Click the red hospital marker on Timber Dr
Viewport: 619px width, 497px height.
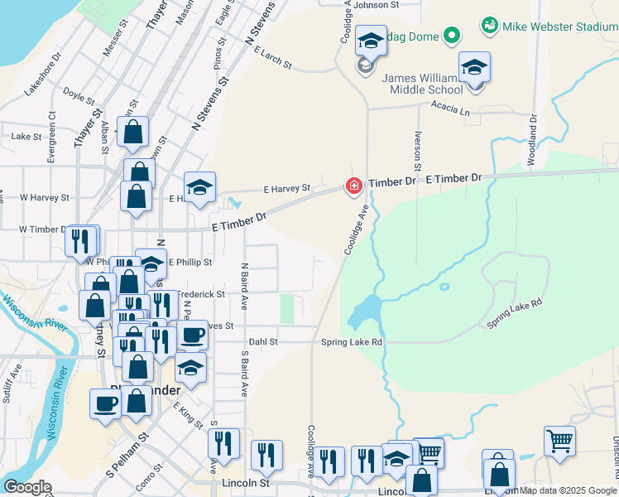(x=354, y=186)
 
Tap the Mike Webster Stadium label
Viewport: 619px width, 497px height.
(x=562, y=27)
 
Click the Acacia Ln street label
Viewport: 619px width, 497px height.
(x=449, y=106)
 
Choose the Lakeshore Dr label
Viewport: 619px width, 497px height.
(x=43, y=75)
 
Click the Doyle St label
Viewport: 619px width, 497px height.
(x=79, y=96)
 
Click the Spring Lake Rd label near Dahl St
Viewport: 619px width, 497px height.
(x=353, y=341)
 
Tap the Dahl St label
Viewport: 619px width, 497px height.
(x=263, y=341)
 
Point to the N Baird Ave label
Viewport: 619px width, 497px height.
(x=244, y=282)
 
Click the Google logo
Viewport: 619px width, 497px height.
(x=27, y=486)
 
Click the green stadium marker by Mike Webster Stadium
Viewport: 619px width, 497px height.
(x=491, y=26)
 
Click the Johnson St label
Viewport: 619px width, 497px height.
(x=376, y=5)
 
